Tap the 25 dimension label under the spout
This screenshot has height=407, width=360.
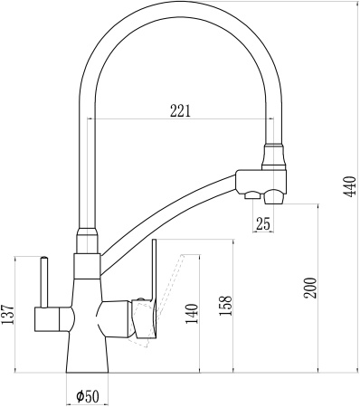coord(263,224)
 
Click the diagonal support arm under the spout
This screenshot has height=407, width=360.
coord(172,209)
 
